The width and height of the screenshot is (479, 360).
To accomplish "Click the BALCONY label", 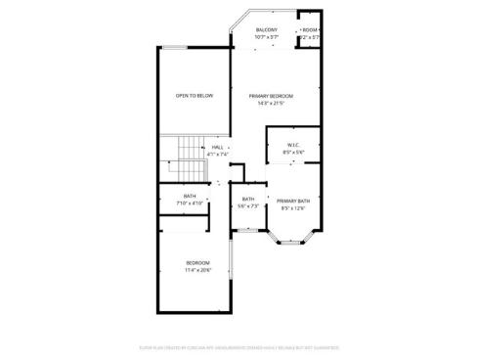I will click(266, 30).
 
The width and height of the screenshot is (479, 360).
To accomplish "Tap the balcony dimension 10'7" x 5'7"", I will click(266, 37).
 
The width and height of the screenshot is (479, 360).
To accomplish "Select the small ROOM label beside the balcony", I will click(310, 30).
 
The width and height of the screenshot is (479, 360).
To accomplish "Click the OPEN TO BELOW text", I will click(194, 96).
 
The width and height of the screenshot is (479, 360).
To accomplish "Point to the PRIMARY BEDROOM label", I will click(271, 96).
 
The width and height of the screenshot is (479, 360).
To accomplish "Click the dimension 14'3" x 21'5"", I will click(271, 104).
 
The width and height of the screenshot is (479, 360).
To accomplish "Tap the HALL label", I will click(217, 147).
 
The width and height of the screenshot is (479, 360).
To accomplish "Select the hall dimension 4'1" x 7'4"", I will click(217, 154).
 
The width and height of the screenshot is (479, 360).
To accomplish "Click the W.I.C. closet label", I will click(293, 146).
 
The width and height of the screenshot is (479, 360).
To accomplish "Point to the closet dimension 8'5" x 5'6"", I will click(293, 153).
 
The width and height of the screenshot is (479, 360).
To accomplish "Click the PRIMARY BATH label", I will click(294, 201).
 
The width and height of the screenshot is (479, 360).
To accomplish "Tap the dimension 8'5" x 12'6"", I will click(294, 207).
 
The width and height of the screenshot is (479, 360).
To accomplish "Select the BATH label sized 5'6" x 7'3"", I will click(248, 200).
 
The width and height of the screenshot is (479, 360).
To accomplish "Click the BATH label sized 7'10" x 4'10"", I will click(191, 197).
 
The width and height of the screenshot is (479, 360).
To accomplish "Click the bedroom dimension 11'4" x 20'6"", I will click(198, 270).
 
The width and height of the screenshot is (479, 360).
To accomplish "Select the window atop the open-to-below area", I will click(176, 48).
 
